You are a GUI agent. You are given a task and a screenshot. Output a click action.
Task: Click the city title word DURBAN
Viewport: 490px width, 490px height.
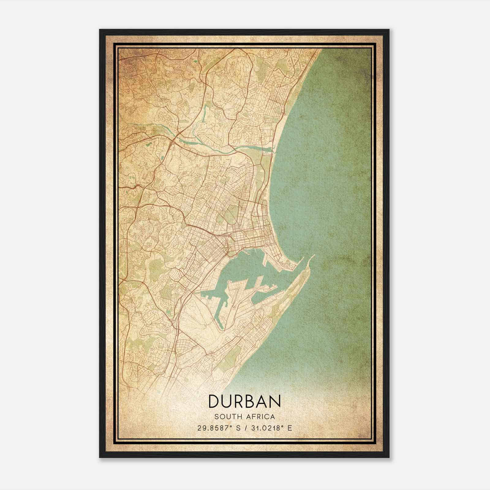(x=245, y=401)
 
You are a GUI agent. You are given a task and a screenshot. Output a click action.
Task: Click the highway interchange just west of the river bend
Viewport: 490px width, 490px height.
(x=173, y=139)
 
